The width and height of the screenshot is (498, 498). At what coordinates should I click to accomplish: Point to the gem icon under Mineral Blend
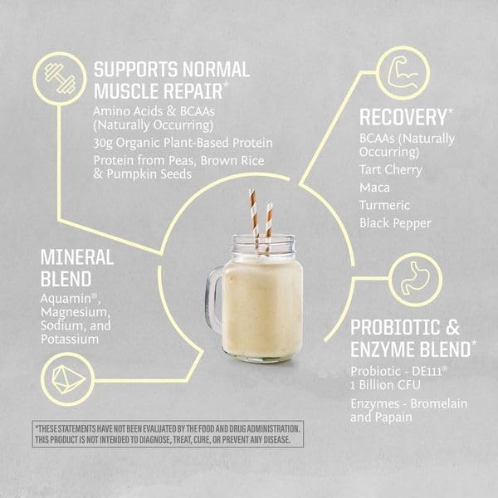(67, 380)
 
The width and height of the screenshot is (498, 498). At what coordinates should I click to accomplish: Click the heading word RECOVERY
(403, 116)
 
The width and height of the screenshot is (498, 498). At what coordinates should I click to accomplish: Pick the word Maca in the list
(375, 187)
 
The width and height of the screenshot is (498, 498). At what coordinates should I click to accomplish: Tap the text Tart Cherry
(391, 169)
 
